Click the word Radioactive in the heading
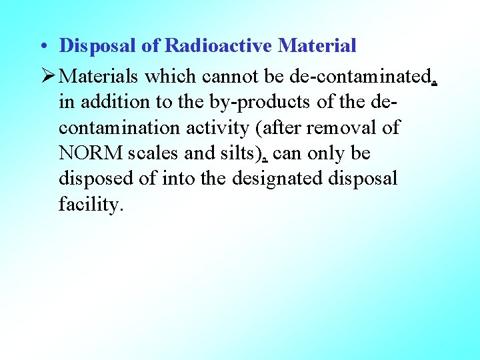pyautogui.click(x=219, y=46)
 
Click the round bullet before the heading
pyautogui.click(x=42, y=47)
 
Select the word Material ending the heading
pyautogui.click(x=317, y=46)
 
